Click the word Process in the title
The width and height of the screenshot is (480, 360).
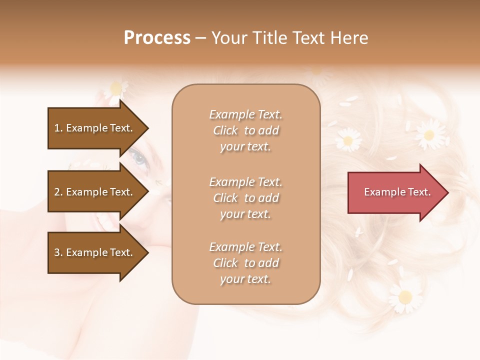157,38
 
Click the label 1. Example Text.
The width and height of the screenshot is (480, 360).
93,128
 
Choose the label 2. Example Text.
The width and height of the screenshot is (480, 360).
93,192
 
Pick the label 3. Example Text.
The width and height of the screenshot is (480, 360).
93,252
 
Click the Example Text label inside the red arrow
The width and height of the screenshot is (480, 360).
397,192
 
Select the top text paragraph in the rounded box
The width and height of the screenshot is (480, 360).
245,130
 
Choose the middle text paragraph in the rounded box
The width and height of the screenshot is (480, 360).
245,198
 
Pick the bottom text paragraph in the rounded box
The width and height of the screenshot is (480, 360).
245,263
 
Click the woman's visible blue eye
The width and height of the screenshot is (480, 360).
138,159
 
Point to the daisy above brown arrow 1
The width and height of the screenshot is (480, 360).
116,88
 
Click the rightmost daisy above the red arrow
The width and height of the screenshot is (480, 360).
428,134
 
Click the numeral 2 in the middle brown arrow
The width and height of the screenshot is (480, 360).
57,192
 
